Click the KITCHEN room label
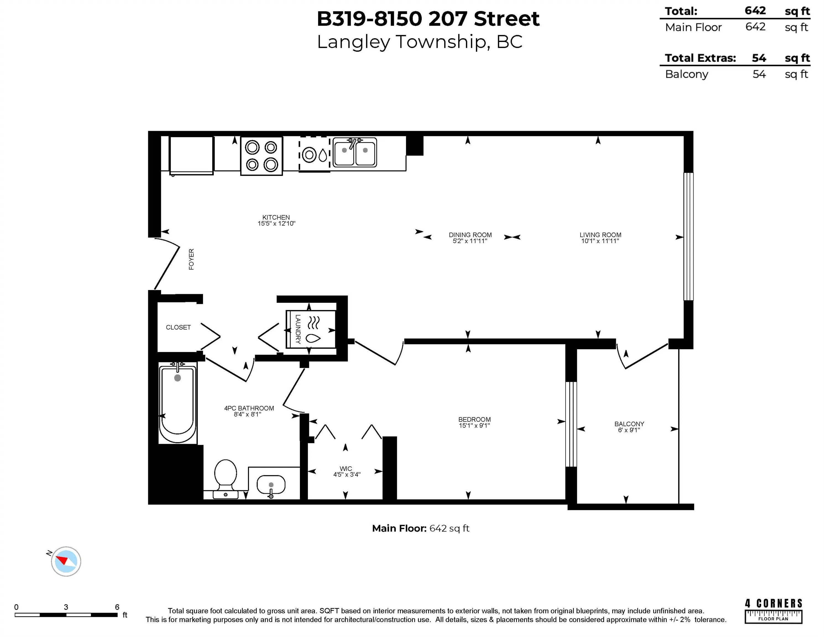[276, 217]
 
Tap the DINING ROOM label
[470, 235]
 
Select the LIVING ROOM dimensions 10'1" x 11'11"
[600, 241]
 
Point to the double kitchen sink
[355, 152]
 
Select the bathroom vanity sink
[271, 485]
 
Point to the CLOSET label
[178, 327]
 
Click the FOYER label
[191, 259]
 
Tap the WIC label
[346, 468]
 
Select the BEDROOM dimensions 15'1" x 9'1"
[474, 426]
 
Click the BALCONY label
[629, 424]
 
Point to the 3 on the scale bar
[66, 607]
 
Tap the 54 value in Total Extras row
[758, 58]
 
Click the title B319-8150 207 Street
[428, 19]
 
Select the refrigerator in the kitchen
[191, 155]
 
